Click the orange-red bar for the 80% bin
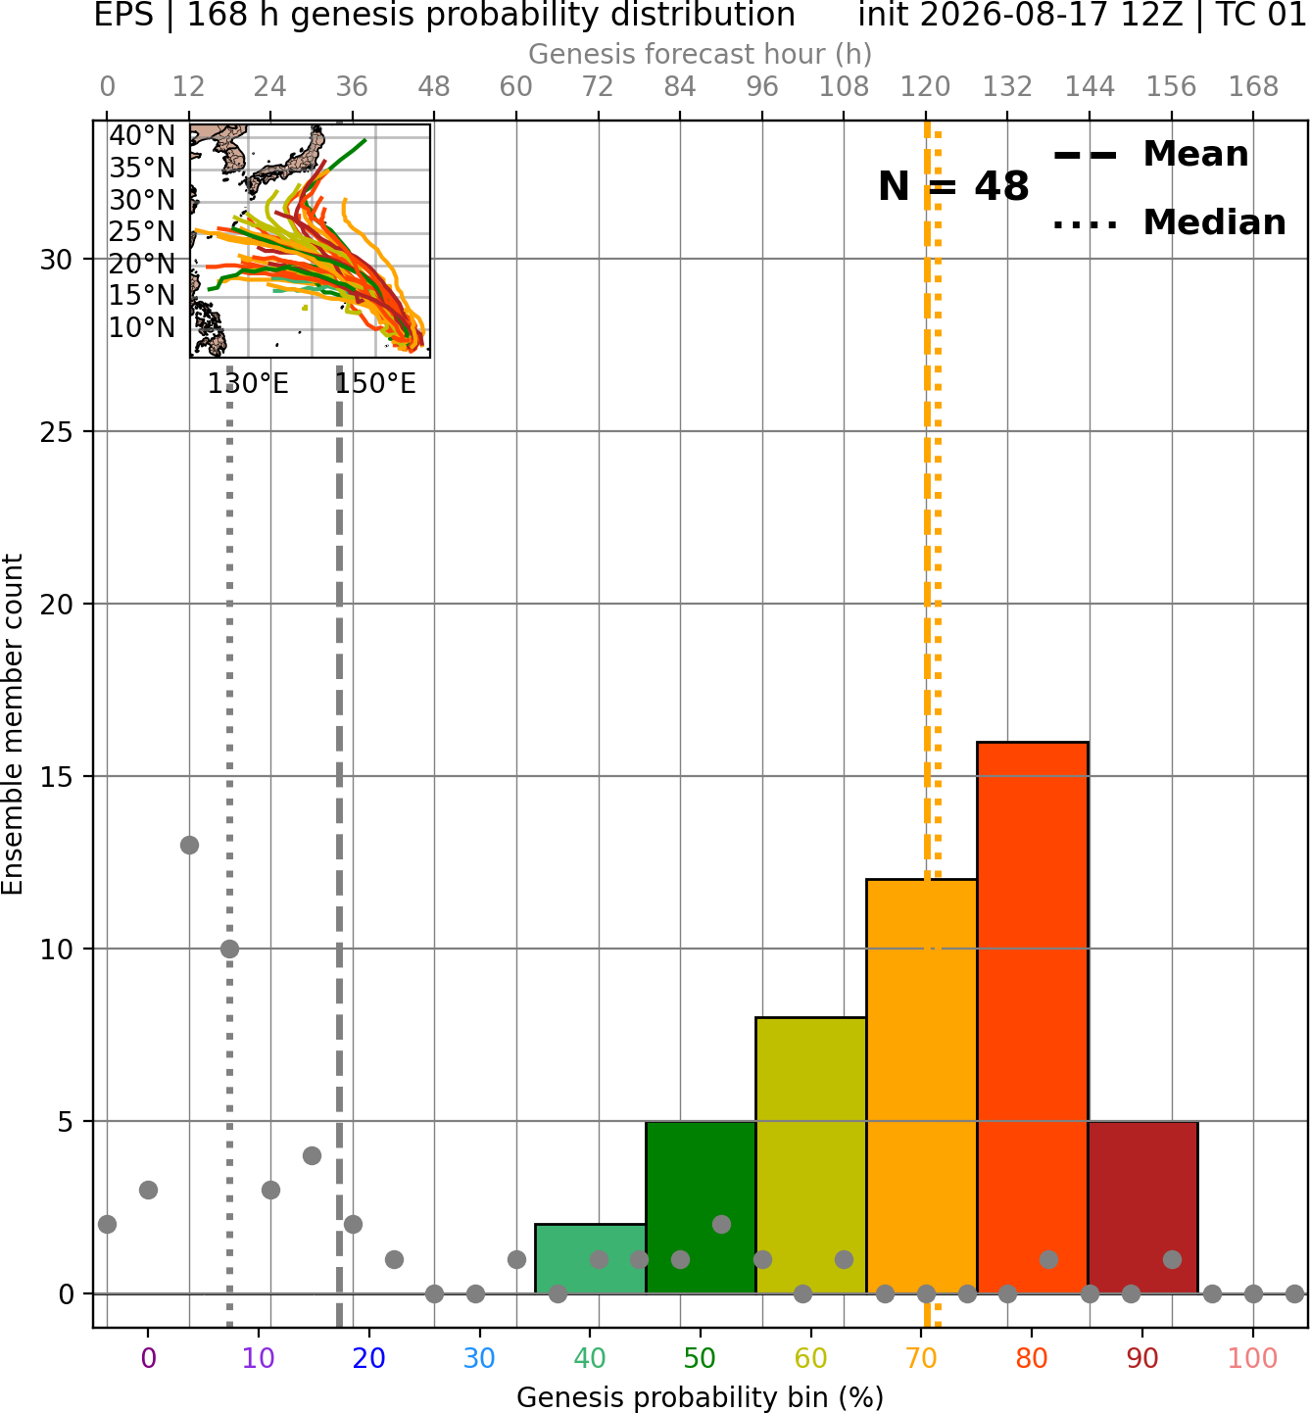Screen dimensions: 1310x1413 tap(1033, 1017)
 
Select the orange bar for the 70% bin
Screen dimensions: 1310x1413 tap(921, 1087)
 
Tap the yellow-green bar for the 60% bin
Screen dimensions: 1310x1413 tap(811, 1155)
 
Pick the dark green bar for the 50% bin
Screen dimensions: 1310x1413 tap(701, 1207)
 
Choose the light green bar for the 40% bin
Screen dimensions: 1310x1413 tap(591, 1259)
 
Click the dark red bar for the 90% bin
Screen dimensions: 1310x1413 tap(1142, 1207)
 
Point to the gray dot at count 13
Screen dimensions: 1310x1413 tap(189, 846)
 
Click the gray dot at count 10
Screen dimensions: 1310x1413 tap(229, 949)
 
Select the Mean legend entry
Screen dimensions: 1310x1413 tap(1150, 155)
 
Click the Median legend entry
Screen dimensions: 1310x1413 tap(1169, 222)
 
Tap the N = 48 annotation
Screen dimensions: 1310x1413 tap(953, 186)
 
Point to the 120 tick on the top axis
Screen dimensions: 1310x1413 tap(925, 87)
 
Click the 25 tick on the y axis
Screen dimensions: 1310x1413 tap(57, 432)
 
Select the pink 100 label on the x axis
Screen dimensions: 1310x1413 tap(1253, 1358)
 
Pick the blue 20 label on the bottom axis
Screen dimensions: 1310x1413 tap(368, 1358)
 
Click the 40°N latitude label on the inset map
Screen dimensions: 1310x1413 tap(142, 135)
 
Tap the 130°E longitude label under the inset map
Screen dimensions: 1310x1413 tap(248, 384)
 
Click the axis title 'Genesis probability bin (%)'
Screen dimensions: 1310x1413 tap(701, 1397)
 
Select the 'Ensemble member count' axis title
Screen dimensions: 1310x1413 tap(13, 724)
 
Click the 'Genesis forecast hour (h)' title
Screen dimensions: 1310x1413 tap(701, 54)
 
